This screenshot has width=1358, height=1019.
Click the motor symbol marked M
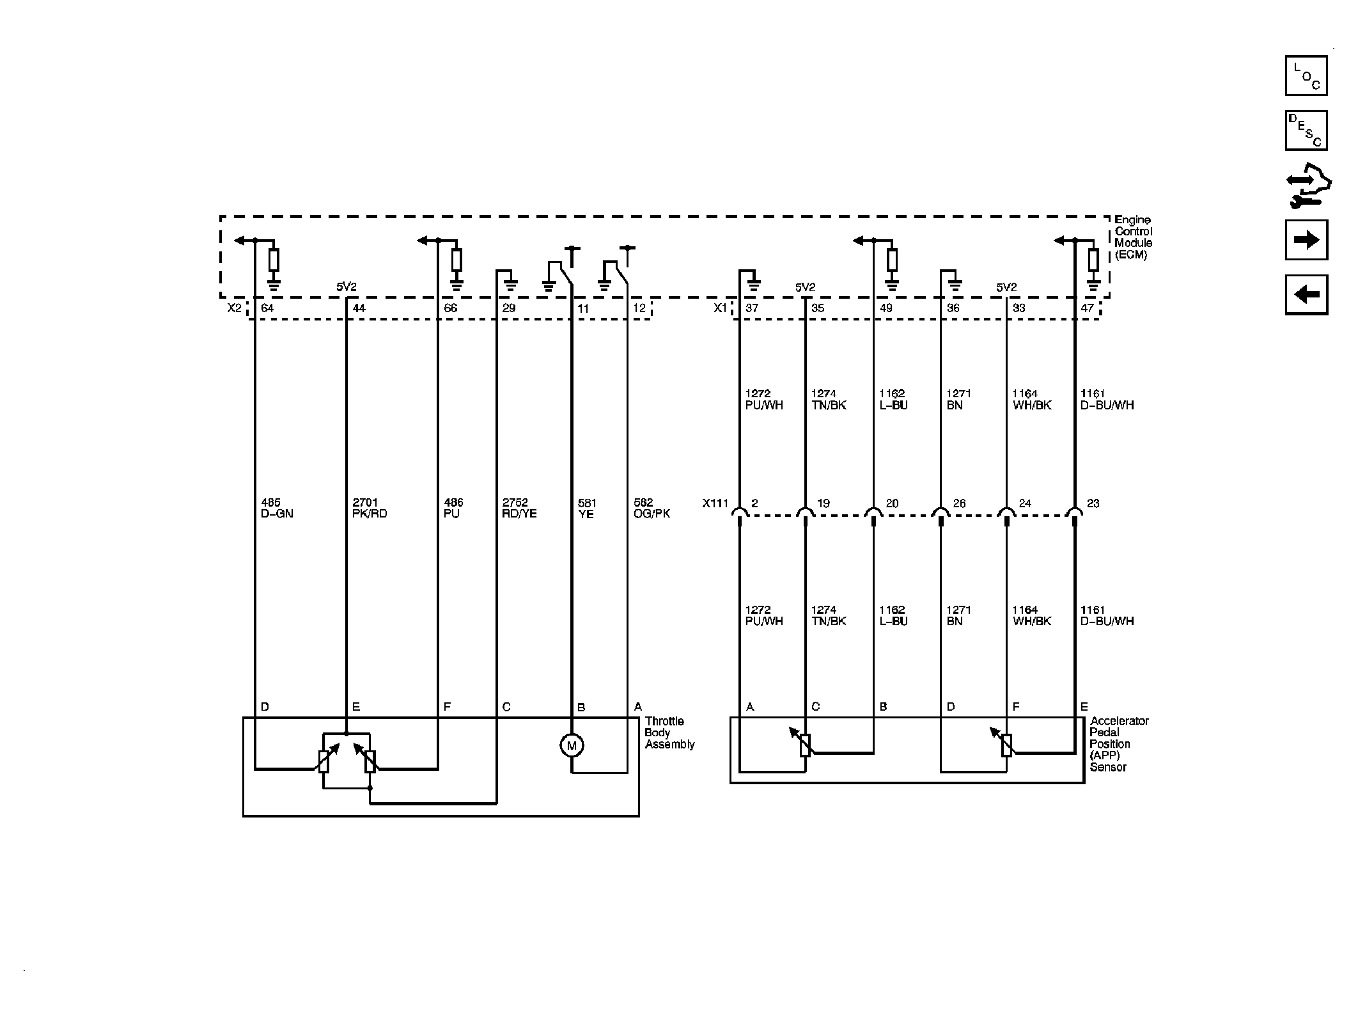[x=572, y=745]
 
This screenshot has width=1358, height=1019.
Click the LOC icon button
[x=1306, y=75]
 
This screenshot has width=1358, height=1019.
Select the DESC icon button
[x=1306, y=130]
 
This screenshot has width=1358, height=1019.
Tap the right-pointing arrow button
[x=1306, y=240]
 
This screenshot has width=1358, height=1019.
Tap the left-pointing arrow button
[x=1306, y=295]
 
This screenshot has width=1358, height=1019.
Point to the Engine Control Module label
[x=1134, y=237]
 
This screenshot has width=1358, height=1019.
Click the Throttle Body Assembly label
[x=669, y=733]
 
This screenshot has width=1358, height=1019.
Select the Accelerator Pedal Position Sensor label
[x=1119, y=744]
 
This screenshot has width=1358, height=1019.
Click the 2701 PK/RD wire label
[x=370, y=509]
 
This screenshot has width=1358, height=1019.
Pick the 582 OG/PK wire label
[x=652, y=509]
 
